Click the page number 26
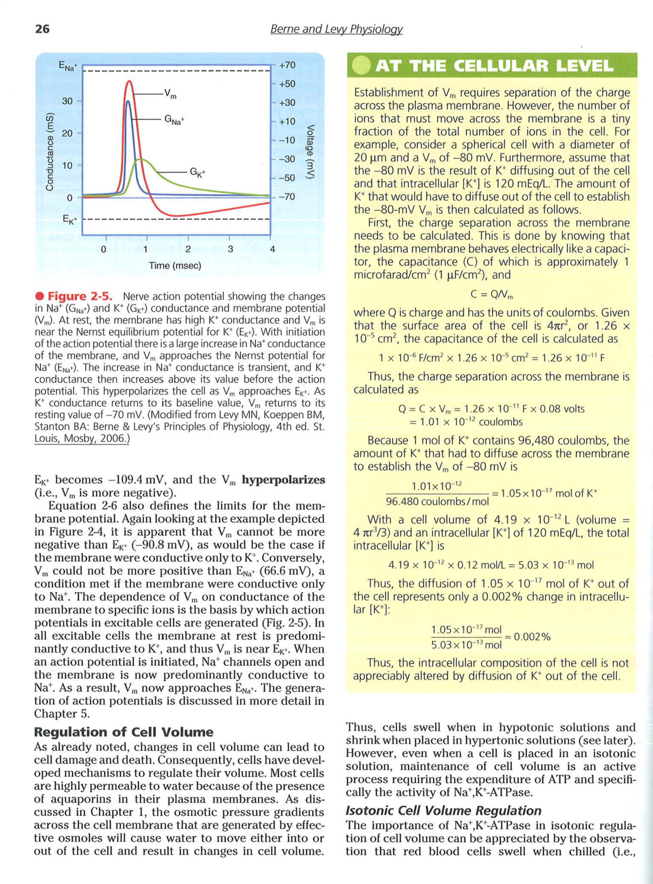pos(43,29)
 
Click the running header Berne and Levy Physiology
pos(336,29)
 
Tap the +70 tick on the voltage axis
pos(287,65)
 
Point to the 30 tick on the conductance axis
pos(68,101)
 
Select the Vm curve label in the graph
pos(170,94)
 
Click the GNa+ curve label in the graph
pos(174,120)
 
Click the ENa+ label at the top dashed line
pos(68,66)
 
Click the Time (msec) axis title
pos(175,266)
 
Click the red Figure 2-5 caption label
pos(79,296)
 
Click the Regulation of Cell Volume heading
pos(123,732)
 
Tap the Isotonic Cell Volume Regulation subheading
pos(443,810)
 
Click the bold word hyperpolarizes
pos(283,480)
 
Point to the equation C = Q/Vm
pos(491,294)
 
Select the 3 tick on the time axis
pos(230,249)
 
